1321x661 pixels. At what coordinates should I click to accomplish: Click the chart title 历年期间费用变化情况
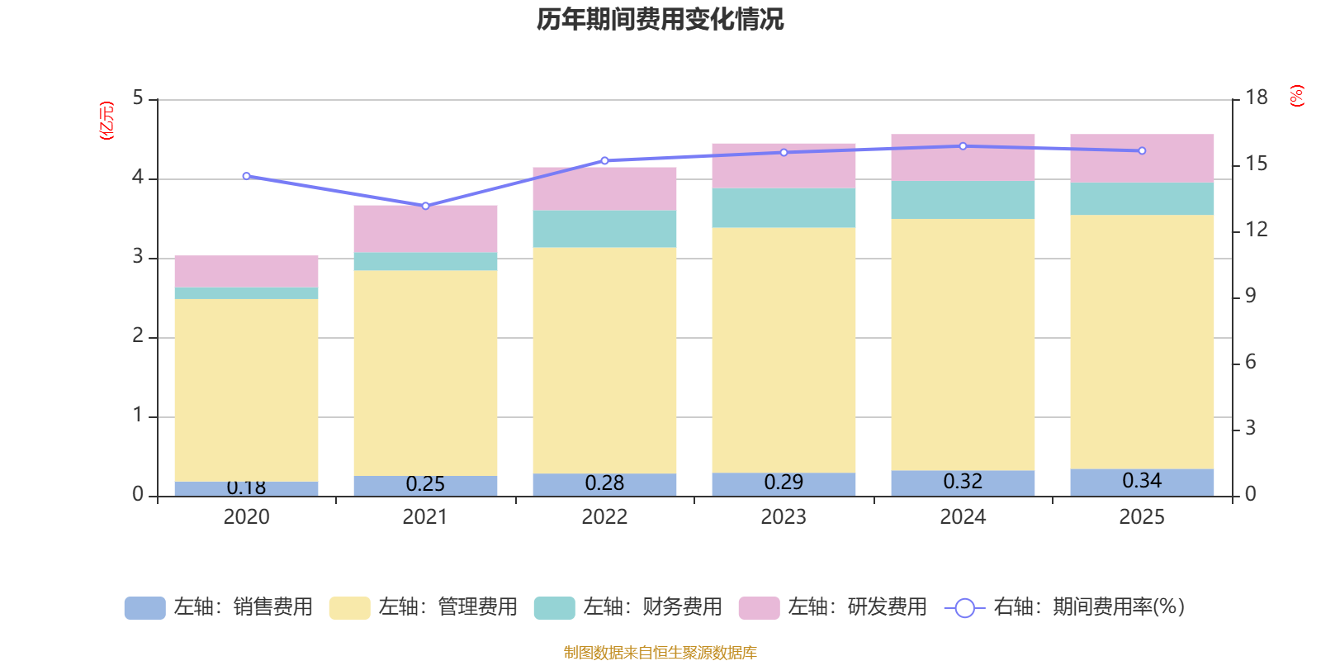[660, 19]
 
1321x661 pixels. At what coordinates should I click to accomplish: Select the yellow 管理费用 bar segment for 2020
[246, 388]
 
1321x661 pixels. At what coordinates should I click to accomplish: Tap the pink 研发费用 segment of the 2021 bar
[425, 228]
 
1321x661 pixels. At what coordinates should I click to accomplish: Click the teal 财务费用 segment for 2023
[784, 207]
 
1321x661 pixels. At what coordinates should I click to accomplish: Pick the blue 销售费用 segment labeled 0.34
[1142, 483]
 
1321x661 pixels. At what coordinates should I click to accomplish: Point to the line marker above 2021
[425, 206]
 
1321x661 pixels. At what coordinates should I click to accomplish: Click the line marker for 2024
[963, 146]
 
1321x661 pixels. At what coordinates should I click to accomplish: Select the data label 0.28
[604, 483]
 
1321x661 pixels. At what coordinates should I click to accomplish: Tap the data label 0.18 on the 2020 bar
[246, 487]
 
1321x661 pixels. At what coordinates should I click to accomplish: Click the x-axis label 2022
[604, 517]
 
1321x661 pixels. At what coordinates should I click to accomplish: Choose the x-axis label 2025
[1142, 517]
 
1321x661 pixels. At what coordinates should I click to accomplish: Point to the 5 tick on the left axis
[138, 98]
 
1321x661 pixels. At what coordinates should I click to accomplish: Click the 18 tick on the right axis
[1256, 97]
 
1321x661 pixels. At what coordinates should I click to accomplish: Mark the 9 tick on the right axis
[1250, 296]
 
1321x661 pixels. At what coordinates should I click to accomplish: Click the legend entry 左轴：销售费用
[219, 607]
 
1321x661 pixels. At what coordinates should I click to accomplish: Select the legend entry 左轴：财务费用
[628, 607]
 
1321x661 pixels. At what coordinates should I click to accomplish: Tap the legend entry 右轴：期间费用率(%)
[1065, 607]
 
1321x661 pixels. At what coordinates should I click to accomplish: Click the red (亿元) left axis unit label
[107, 121]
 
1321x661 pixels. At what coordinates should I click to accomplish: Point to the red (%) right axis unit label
[1296, 96]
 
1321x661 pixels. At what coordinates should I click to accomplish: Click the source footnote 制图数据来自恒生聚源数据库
[660, 653]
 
